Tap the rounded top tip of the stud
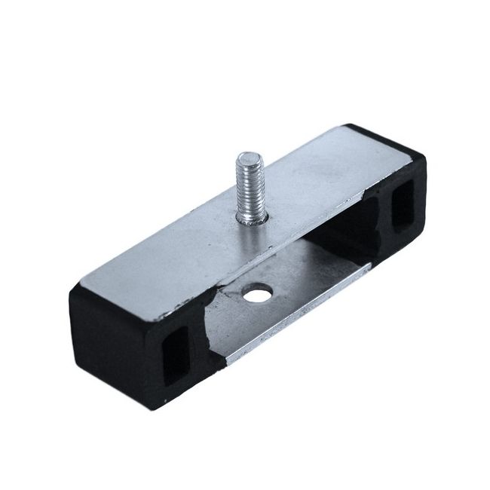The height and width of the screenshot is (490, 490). coord(250,158)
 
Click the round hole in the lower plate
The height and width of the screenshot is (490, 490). coord(257,292)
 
